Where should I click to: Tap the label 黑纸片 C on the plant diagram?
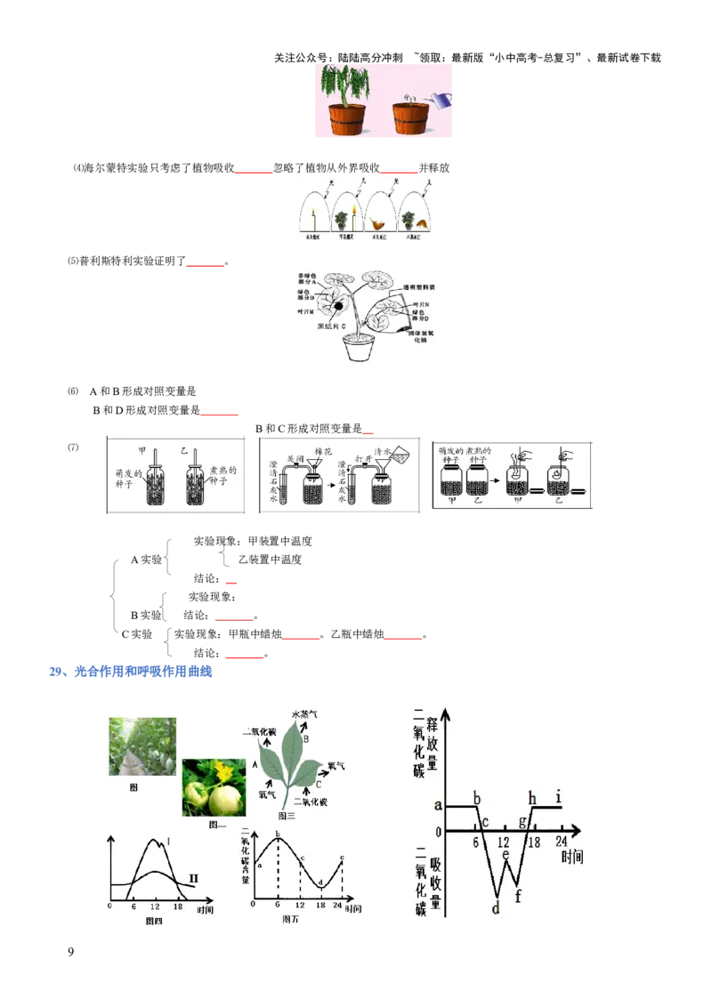[336, 326]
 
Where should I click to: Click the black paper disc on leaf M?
[339, 307]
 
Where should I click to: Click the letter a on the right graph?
[438, 805]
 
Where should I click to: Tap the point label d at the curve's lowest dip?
[496, 907]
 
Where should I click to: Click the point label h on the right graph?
[532, 797]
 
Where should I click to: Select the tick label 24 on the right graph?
[561, 841]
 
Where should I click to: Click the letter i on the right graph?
[557, 794]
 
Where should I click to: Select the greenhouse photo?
[142, 746]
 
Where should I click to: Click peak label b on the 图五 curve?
[278, 834]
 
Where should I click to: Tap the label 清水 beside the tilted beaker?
[384, 451]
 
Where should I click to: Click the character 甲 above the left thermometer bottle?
[142, 451]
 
